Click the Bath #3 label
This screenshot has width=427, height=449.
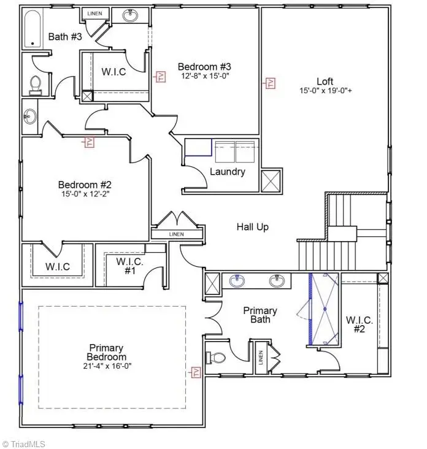[x=65, y=37]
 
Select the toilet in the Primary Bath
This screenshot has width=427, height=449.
[x=216, y=357]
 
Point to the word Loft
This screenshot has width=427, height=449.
[x=325, y=81]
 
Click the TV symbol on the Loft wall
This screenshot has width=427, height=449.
[x=269, y=83]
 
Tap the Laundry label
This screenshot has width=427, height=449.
[x=227, y=172]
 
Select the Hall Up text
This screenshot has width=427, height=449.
[x=253, y=227]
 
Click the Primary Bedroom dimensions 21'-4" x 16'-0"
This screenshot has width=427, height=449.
[x=107, y=366]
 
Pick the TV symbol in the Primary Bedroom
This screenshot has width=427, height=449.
[x=196, y=372]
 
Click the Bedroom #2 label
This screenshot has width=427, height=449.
[x=85, y=184]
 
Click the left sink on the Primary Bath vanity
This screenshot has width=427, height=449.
[x=236, y=281]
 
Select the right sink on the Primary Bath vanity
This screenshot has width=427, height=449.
[x=277, y=281]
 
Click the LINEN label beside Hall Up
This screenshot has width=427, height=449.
[x=175, y=234]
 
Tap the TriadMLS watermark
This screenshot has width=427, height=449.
[x=25, y=443]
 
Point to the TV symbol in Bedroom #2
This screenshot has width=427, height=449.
[x=90, y=142]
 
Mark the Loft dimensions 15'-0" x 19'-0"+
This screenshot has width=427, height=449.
[x=325, y=91]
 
